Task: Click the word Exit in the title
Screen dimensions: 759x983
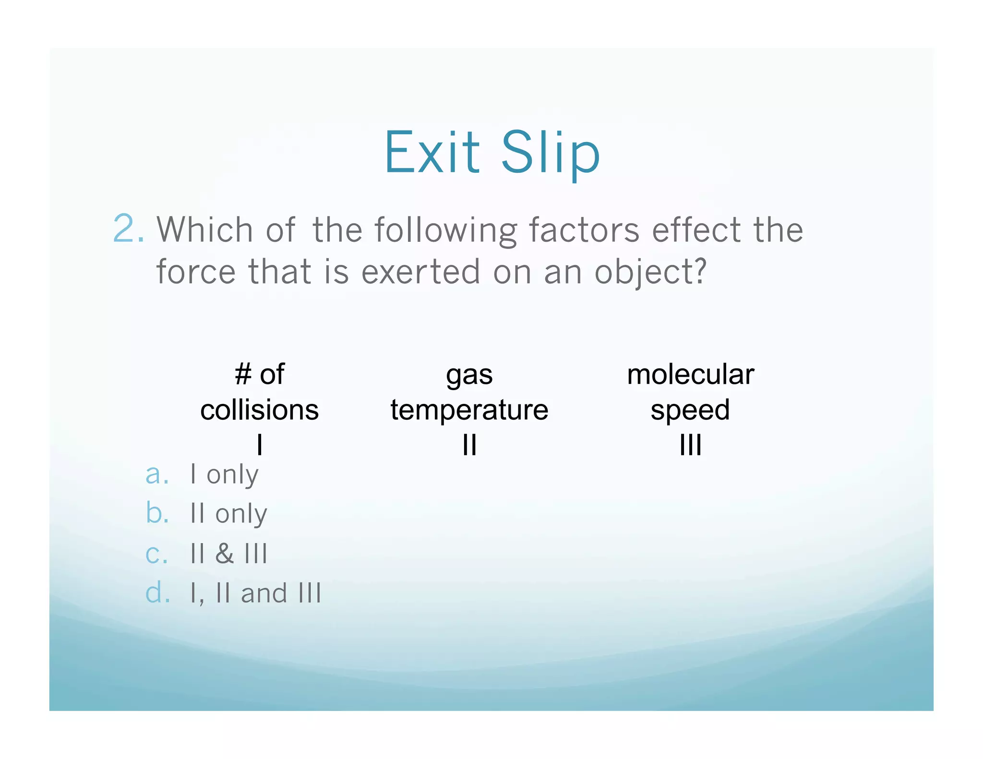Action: (x=432, y=152)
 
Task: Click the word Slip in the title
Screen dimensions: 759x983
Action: (x=551, y=152)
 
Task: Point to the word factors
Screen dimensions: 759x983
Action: (x=584, y=230)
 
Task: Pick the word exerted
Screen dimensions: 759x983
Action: (x=420, y=272)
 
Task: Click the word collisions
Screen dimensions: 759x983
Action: (x=259, y=410)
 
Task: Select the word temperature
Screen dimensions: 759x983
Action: (x=469, y=410)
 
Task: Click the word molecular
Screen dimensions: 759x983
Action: (x=690, y=374)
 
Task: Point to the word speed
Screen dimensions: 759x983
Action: (x=690, y=410)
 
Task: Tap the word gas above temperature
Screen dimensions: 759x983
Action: (x=469, y=375)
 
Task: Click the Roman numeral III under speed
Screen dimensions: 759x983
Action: (x=690, y=445)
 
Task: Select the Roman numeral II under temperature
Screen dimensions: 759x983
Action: (x=469, y=445)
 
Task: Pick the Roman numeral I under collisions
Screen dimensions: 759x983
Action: (x=259, y=445)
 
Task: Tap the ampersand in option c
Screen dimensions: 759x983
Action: (x=224, y=553)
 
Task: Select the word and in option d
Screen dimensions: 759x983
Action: (x=264, y=593)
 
